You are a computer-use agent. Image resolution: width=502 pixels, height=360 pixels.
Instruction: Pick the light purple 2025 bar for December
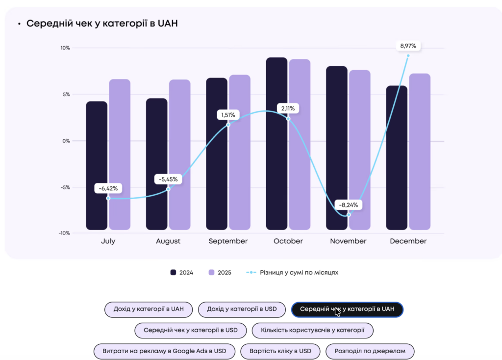420,152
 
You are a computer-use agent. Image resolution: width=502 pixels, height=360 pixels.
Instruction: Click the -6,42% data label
108,188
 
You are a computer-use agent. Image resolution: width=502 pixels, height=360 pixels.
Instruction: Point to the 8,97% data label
408,46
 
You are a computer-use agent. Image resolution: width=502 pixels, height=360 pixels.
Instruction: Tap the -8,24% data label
349,205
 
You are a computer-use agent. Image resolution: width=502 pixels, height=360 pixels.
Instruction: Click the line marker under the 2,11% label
288,119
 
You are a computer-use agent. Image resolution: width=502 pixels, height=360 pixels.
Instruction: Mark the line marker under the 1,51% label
228,125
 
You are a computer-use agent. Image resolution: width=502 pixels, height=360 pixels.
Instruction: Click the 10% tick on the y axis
65,48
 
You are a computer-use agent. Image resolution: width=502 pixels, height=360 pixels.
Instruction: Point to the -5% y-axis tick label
65,187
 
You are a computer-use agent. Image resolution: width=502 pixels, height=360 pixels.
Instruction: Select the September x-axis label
228,241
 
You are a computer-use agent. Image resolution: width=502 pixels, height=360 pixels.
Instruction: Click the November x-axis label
348,241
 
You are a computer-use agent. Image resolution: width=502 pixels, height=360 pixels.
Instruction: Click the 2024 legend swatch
173,273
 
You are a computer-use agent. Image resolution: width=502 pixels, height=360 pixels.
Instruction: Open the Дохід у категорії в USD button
242,309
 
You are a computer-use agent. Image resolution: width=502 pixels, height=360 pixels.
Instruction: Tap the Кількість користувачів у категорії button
312,330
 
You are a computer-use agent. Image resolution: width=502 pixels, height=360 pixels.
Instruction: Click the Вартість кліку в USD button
280,351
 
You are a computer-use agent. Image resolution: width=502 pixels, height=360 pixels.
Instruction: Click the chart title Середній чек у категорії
102,24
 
